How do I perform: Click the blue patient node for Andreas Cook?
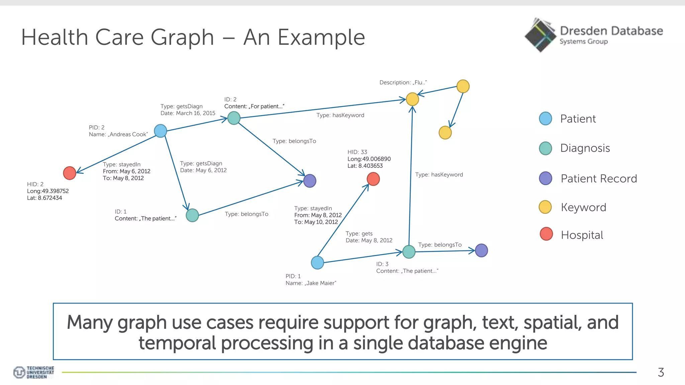coord(161,131)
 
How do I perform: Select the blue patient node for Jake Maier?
coord(317,263)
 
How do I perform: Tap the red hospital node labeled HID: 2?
coord(70,173)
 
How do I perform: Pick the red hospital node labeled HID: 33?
coord(373,179)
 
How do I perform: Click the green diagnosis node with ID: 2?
coord(234,118)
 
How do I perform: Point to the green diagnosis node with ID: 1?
coord(192,215)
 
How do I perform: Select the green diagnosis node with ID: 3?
coord(409,252)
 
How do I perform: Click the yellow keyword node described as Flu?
coord(412,99)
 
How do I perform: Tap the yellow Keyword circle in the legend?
coord(545,207)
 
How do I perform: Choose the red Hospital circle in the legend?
coord(546,234)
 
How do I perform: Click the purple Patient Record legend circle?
coord(546,178)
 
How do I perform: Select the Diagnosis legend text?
coord(585,148)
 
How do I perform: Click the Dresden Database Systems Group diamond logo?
coord(540,35)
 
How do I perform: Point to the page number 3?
coord(661,372)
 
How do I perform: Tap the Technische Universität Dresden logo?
coord(33,372)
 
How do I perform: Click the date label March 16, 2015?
coord(196,113)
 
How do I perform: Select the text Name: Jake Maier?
coord(311,283)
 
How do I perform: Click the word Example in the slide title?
coord(321,37)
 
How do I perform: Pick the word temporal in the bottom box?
coord(177,343)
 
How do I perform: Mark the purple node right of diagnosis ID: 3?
coord(481,250)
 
